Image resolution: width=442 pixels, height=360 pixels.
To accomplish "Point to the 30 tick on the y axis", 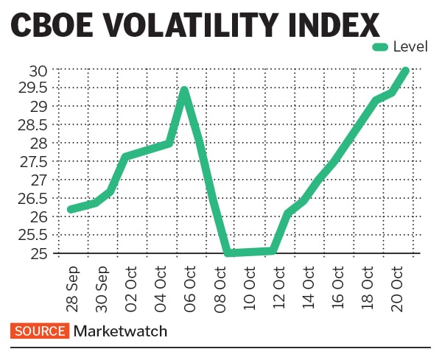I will tap(38, 70).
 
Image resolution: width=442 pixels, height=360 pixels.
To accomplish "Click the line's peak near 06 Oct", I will tap(184, 91).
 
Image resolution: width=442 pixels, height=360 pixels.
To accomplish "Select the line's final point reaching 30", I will tap(405, 71).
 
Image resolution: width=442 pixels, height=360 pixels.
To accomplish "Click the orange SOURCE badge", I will tap(39, 331).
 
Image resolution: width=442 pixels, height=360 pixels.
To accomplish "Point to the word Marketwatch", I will tap(120, 331).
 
